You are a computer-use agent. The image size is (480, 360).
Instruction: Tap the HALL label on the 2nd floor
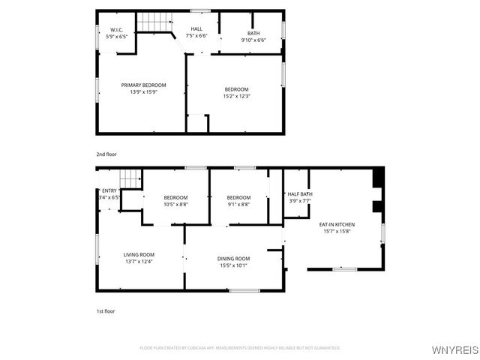(196, 28)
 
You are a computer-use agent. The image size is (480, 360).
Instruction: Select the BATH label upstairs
(253, 33)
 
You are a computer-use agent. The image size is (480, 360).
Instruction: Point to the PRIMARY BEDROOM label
(143, 85)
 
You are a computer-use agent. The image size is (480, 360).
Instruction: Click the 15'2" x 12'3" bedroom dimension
(236, 96)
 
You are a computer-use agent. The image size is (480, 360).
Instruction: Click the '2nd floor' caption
(106, 154)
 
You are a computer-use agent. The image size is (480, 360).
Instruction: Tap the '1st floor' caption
(106, 310)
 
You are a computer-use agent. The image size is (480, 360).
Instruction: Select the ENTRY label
(109, 191)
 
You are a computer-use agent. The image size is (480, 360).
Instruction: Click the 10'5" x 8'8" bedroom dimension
(175, 204)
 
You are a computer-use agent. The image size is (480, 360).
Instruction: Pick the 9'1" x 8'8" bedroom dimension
(238, 204)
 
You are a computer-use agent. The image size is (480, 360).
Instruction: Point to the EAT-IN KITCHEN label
(337, 224)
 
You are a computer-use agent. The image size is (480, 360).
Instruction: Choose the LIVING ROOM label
(139, 254)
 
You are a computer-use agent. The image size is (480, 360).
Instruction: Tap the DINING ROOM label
(233, 258)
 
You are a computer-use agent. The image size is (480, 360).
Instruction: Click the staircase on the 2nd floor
(154, 21)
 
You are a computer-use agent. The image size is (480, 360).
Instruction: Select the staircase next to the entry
(130, 179)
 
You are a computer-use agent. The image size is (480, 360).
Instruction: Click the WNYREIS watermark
(455, 350)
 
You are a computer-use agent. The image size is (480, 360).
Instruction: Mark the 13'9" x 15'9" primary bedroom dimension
(143, 91)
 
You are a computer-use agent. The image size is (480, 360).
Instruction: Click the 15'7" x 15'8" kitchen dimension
(337, 231)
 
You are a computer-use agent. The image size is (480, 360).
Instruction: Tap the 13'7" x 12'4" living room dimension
(139, 261)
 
